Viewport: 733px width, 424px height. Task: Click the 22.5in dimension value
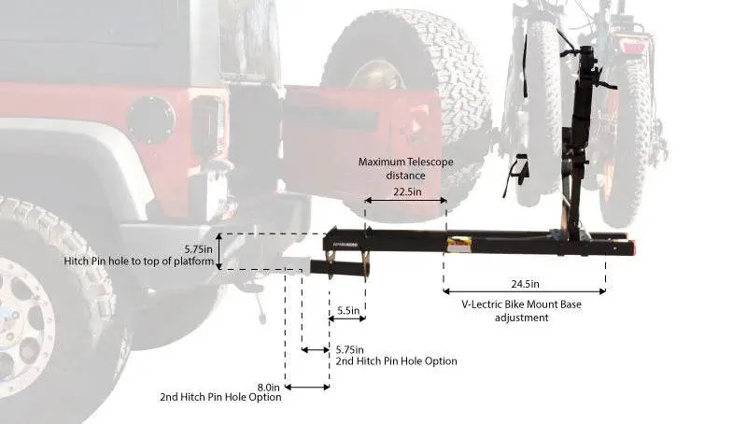pos(405,191)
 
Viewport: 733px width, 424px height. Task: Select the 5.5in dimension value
pos(346,309)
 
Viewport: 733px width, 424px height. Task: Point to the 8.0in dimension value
pos(268,386)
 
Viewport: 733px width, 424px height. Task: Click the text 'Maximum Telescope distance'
pos(405,168)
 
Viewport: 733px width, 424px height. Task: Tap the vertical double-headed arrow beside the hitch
pos(219,251)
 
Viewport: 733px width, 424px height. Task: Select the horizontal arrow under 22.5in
pos(405,201)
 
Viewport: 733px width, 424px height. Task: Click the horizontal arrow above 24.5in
pos(524,291)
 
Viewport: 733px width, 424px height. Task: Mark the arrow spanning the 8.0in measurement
pos(306,387)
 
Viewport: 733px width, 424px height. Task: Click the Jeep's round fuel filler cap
pos(150,120)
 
